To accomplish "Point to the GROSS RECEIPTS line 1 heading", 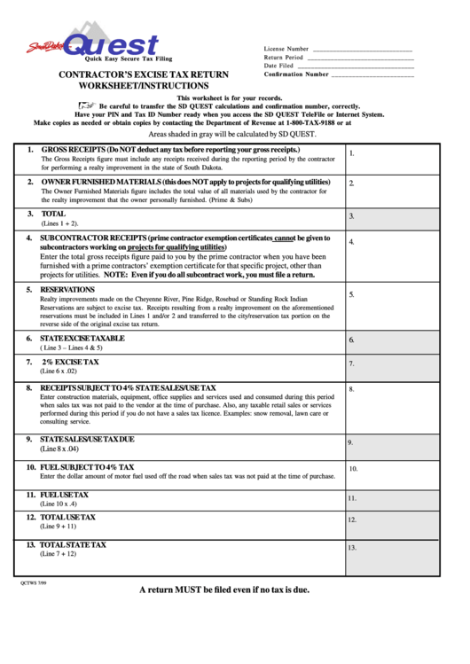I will (169, 151).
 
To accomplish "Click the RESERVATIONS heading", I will (67, 289).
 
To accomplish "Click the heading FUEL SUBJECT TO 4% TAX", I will (87, 466).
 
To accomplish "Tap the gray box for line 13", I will (391, 558).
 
